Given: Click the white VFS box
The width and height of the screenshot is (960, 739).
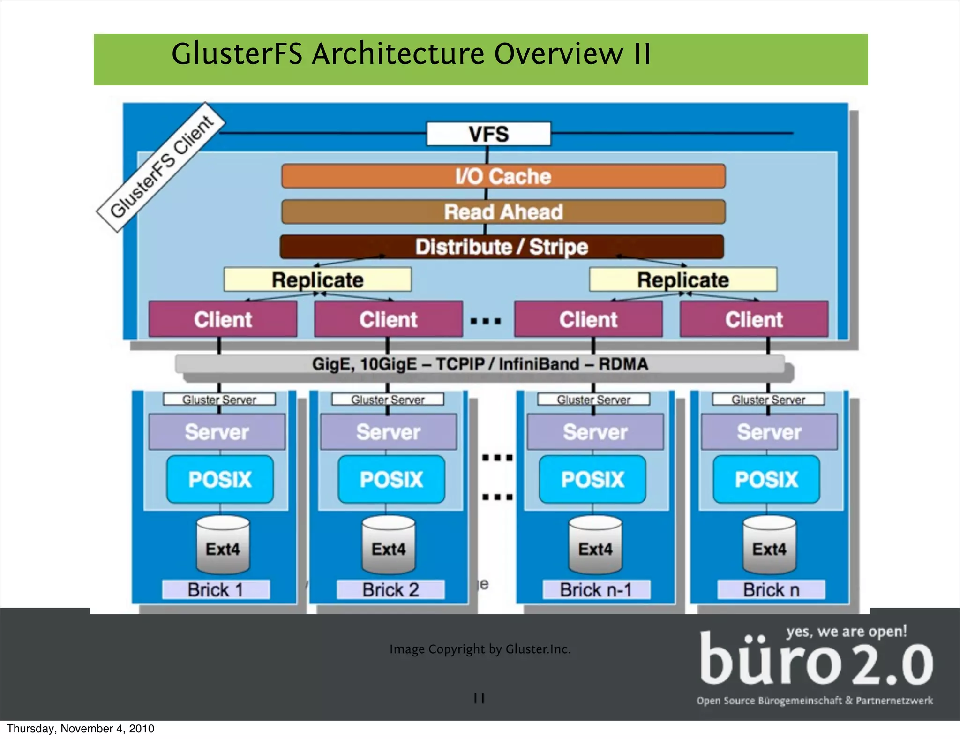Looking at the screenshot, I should [x=488, y=134].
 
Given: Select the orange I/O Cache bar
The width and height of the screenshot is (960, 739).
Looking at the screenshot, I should [x=503, y=176].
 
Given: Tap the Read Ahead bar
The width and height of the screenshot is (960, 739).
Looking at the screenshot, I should [x=503, y=212].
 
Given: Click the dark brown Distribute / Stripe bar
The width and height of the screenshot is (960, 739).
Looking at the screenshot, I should [x=502, y=247].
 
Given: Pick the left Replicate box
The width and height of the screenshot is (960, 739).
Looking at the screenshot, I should [x=317, y=280].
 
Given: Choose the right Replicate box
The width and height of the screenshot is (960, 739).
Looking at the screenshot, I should [x=682, y=280].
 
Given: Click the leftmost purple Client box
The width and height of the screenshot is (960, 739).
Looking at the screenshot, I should [x=223, y=319].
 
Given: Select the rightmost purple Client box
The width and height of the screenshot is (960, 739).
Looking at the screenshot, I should [x=754, y=319].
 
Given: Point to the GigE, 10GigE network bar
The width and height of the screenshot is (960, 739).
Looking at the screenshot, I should [x=480, y=364].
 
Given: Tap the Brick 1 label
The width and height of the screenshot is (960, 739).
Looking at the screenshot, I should [x=216, y=590].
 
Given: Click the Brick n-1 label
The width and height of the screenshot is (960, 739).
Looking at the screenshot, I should [x=596, y=590].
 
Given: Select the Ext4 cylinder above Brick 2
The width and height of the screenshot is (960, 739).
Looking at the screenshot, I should [x=389, y=545].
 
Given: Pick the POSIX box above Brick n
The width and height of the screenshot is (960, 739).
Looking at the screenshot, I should [x=766, y=479].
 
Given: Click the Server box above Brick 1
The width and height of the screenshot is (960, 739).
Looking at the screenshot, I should [x=217, y=432].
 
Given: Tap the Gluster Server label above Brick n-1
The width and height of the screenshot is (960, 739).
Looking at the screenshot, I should [x=593, y=400].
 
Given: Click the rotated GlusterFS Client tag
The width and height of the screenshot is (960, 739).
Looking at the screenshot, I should [x=161, y=167].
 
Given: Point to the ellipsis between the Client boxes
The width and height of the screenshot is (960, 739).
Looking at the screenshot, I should [x=486, y=321].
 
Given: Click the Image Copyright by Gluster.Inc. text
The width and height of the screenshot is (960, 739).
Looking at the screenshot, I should [x=480, y=649].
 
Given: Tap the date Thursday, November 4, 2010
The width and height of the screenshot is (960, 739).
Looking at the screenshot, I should [x=80, y=729].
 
